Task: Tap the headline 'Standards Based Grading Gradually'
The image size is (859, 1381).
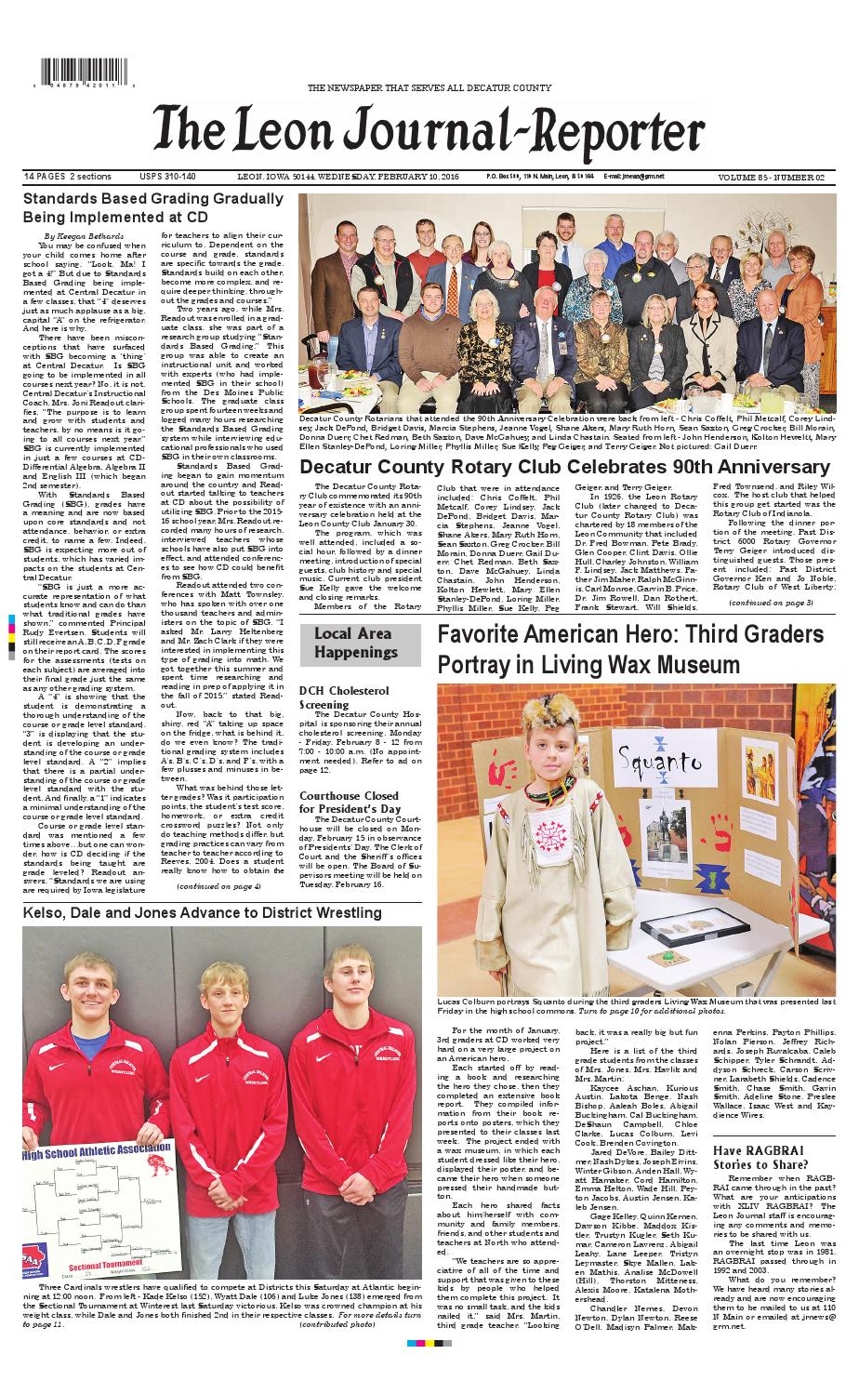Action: click(153, 199)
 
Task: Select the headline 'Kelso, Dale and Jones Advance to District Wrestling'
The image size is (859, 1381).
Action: click(203, 913)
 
